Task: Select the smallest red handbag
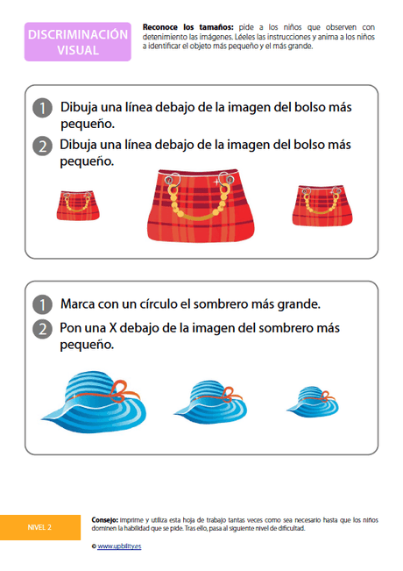pyautogui.click(x=78, y=203)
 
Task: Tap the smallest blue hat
pyautogui.click(x=310, y=401)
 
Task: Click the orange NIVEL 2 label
pyautogui.click(x=39, y=527)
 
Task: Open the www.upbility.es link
pyautogui.click(x=118, y=546)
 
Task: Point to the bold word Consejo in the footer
pyautogui.click(x=105, y=519)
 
